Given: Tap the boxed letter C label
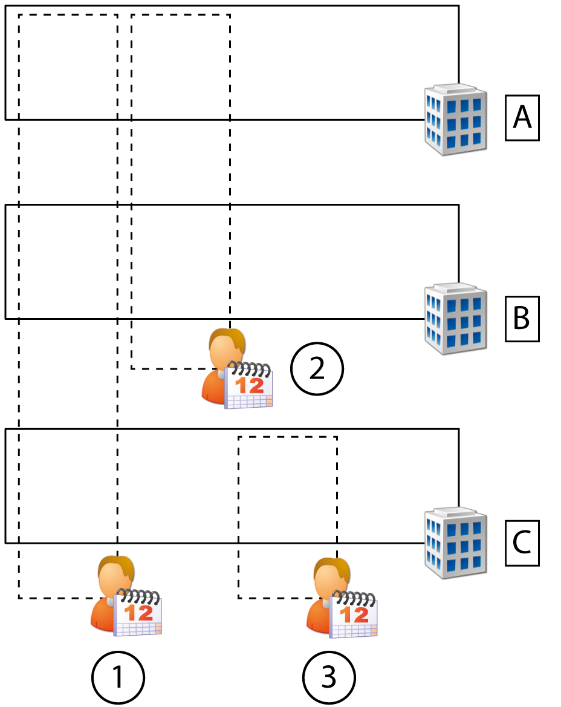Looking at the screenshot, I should (522, 542).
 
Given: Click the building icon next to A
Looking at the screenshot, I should (455, 120).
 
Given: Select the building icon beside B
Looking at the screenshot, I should (455, 319).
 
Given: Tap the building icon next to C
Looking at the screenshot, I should (455, 542).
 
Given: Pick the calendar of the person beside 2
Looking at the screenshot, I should (249, 385).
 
